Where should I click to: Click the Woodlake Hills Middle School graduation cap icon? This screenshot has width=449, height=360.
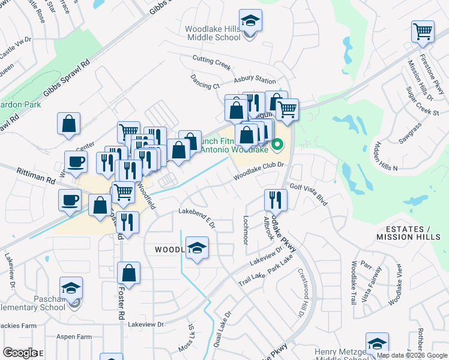(x=250, y=22)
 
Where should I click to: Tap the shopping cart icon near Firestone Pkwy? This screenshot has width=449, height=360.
(x=423, y=31)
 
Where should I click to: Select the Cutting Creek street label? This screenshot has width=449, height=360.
(x=211, y=59)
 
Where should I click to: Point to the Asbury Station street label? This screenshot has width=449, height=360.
(x=255, y=79)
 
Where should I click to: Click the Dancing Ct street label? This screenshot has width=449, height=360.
(x=205, y=82)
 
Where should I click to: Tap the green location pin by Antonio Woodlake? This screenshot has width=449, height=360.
(x=277, y=145)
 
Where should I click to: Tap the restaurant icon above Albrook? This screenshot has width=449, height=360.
(x=276, y=200)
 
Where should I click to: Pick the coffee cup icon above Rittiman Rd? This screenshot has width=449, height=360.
(x=75, y=161)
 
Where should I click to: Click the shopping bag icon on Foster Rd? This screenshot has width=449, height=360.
(x=128, y=274)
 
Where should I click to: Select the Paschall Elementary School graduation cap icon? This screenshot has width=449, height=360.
(x=71, y=288)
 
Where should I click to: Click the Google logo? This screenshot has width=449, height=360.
(x=19, y=353)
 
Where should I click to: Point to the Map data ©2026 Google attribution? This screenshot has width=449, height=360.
(x=412, y=355)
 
